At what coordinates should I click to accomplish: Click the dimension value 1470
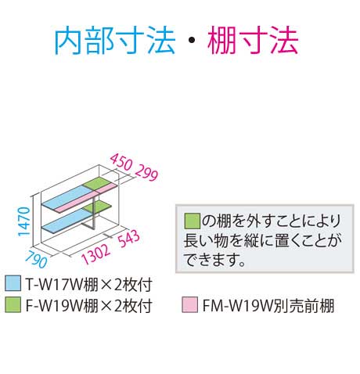[x=24, y=221]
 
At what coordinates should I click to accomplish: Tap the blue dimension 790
[x=37, y=259]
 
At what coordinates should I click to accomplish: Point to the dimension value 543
[x=129, y=239]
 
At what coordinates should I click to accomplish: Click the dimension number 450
[x=121, y=162]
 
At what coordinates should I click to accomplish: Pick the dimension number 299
[x=146, y=172]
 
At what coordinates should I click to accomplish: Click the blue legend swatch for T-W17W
[x=13, y=283]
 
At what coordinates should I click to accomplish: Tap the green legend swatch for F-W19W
[x=13, y=304]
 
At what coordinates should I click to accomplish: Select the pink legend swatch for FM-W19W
[x=189, y=304]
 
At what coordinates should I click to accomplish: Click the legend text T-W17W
[x=54, y=284]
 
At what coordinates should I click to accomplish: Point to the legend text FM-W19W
[x=237, y=305]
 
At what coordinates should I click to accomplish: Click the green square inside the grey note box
[x=193, y=221]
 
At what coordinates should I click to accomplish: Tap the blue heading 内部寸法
[x=115, y=41]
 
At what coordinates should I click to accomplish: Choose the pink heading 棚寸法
[x=253, y=41]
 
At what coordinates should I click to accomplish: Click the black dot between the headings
[x=192, y=41]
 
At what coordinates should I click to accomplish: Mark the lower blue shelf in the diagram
[x=67, y=221]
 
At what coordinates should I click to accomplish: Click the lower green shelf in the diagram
[x=98, y=207]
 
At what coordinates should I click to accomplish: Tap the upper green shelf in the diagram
[x=99, y=184]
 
